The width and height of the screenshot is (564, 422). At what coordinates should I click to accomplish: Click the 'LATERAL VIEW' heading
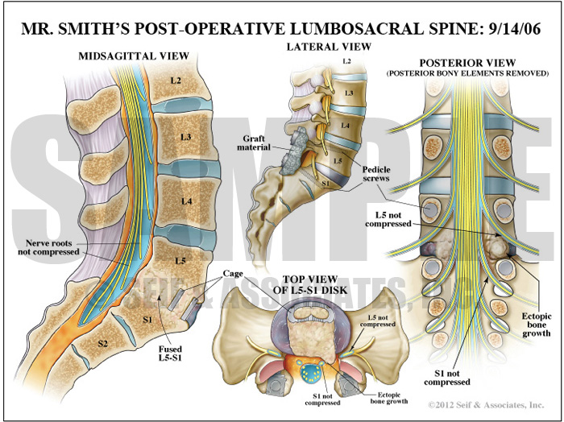pos(329,47)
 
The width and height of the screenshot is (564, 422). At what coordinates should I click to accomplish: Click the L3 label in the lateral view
pos(348,94)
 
